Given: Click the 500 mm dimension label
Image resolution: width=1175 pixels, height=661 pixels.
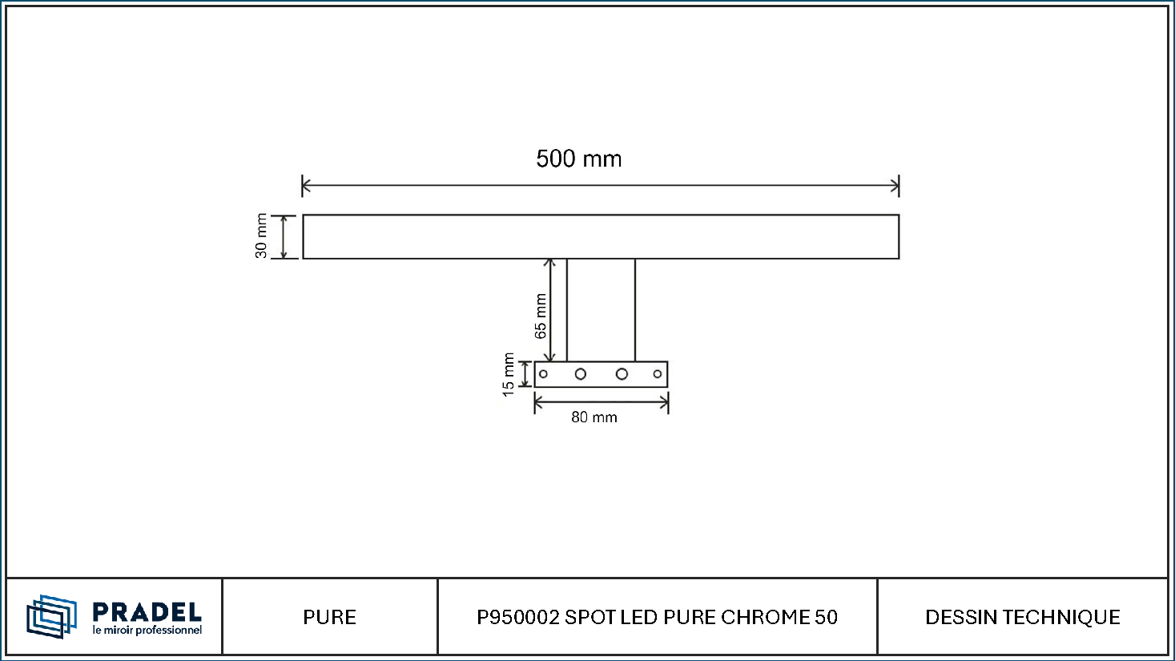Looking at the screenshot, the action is pyautogui.click(x=578, y=159).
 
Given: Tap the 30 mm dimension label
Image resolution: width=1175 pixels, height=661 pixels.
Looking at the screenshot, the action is pyautogui.click(x=261, y=236).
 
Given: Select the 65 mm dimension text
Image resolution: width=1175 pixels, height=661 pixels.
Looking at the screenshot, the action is pyautogui.click(x=541, y=316).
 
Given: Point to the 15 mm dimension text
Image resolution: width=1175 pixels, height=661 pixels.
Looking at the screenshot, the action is pyautogui.click(x=508, y=375).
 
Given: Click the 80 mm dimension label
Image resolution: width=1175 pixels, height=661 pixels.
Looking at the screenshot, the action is pyautogui.click(x=594, y=417).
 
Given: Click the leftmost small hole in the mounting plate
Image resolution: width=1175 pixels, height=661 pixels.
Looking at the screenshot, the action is pyautogui.click(x=543, y=374).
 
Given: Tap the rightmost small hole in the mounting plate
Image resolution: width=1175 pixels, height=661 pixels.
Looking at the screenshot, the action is pyautogui.click(x=658, y=374).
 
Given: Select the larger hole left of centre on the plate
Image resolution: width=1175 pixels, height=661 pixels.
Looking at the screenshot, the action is pyautogui.click(x=580, y=374).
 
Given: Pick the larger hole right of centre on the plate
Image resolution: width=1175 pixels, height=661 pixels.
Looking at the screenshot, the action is pyautogui.click(x=622, y=374).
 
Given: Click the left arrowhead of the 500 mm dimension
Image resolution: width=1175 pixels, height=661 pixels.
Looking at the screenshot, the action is pyautogui.click(x=306, y=186).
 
